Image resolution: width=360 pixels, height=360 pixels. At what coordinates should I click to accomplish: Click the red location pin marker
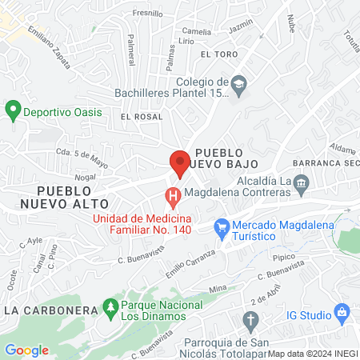point(179,163)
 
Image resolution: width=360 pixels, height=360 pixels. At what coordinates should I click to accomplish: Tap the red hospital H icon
point(172,195)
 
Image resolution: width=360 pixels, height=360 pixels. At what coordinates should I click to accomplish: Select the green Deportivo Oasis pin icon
point(12,111)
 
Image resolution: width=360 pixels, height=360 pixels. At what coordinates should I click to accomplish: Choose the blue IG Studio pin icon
point(341,310)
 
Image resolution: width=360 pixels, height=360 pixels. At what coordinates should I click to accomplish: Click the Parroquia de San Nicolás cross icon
point(251,322)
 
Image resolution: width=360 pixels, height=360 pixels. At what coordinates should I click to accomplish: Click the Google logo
point(26,350)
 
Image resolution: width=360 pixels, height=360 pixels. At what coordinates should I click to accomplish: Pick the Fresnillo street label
point(147,14)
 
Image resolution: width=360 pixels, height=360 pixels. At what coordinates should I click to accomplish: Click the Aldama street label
point(342,150)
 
